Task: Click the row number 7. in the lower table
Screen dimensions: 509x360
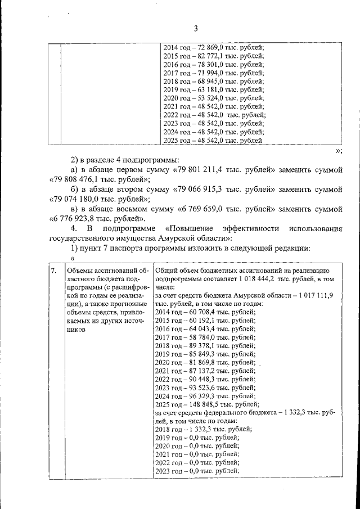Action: (53, 271)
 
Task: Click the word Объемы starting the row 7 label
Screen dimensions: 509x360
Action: (80, 271)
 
